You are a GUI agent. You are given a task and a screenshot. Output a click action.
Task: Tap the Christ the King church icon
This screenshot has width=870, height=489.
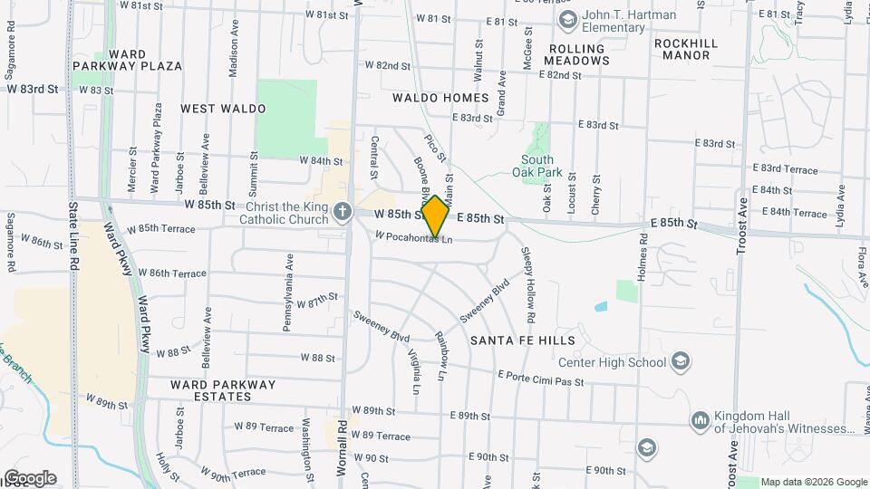click(x=342, y=212)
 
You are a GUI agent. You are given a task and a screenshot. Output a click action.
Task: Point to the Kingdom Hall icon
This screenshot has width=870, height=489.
click(x=699, y=421)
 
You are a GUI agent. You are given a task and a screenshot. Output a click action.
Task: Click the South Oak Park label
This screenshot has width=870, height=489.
click(x=544, y=167)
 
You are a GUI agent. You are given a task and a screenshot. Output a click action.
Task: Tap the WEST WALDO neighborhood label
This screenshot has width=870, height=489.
click(x=223, y=109)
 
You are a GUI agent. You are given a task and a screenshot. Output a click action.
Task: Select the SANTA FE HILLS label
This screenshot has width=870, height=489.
click(x=523, y=340)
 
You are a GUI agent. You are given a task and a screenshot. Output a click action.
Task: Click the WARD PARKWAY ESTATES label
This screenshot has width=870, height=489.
click(x=223, y=390)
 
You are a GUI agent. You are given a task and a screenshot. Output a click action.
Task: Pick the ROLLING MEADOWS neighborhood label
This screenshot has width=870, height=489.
click(x=576, y=54)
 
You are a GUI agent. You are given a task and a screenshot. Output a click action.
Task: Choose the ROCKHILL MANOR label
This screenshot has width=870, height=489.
click(x=686, y=49)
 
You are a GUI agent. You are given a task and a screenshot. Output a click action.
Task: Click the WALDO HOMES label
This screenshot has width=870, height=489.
click(x=440, y=97)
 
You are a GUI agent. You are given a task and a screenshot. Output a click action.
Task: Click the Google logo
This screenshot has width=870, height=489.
click(x=29, y=478)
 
